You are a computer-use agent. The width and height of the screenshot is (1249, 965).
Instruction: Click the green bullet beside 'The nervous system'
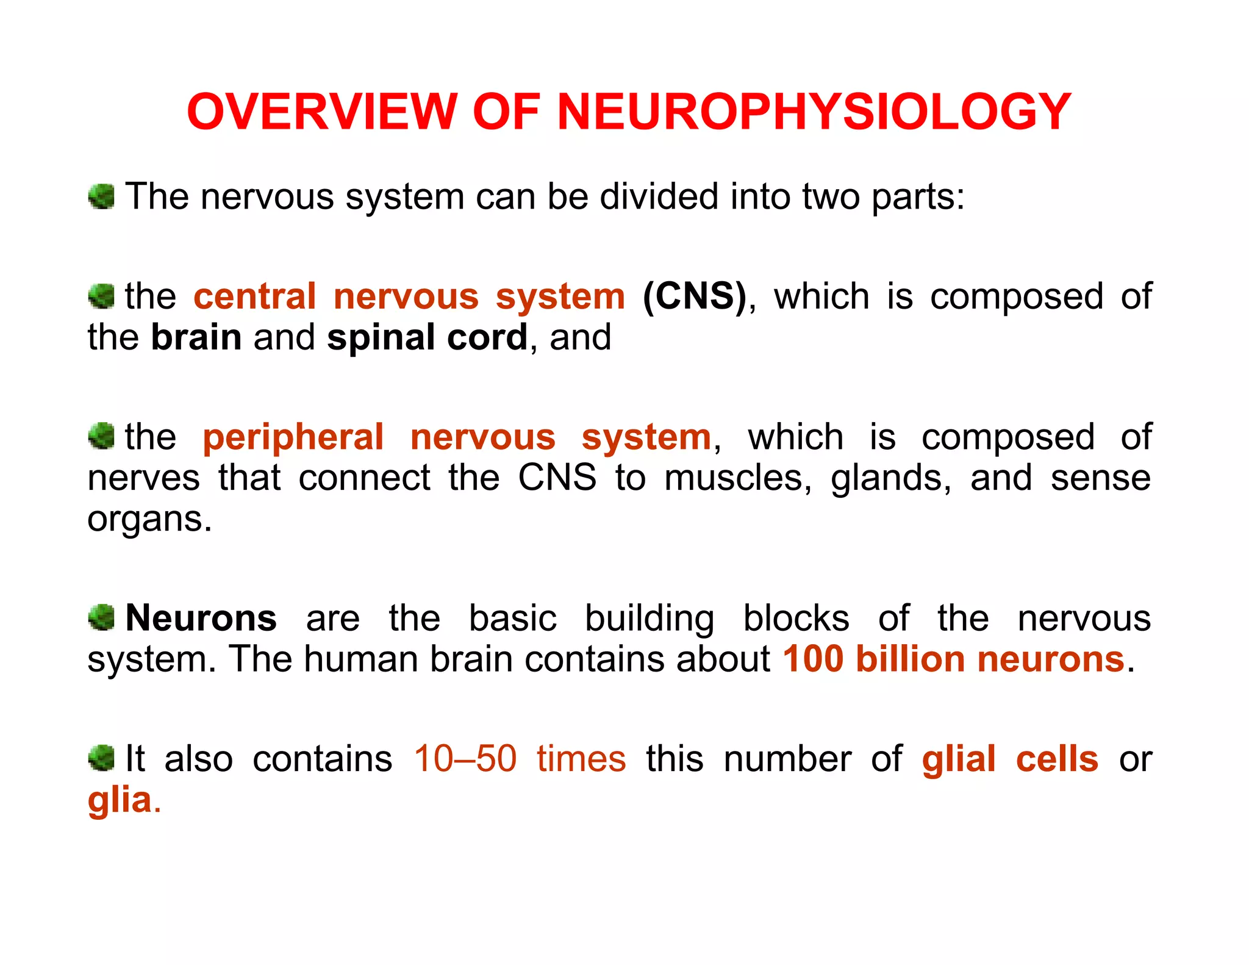[x=101, y=197]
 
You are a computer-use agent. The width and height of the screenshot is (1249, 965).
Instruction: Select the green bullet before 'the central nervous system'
[x=101, y=296]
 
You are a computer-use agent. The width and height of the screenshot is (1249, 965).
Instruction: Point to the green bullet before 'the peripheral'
[x=101, y=437]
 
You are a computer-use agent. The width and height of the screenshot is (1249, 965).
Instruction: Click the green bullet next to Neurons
[x=101, y=618]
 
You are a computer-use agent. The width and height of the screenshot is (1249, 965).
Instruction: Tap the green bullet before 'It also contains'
[x=101, y=758]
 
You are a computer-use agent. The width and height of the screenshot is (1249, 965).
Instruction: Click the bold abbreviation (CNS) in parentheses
[x=695, y=296]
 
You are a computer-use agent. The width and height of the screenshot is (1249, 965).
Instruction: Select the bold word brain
[x=196, y=337]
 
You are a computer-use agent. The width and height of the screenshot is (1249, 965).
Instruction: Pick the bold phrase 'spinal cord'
[x=427, y=337]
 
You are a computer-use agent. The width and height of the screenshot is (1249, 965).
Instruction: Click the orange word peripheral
[x=293, y=437]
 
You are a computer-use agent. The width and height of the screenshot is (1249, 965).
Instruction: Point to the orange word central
[x=255, y=296]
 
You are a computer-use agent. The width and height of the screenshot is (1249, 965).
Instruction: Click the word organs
[x=149, y=519]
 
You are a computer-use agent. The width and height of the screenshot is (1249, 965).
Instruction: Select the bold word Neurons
[x=201, y=618]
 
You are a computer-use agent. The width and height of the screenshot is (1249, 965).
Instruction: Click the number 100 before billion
[x=814, y=659]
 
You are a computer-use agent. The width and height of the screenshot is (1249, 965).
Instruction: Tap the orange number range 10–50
[x=465, y=759]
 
